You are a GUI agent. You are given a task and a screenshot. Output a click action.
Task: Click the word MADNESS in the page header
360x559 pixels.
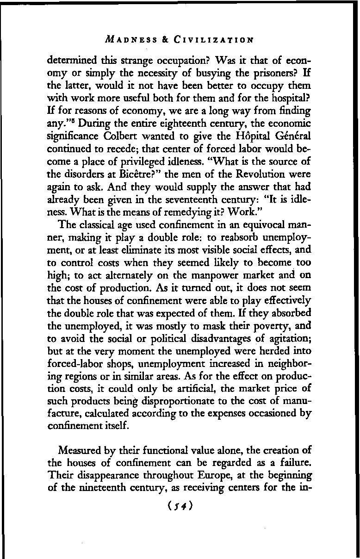(x=128, y=40)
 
